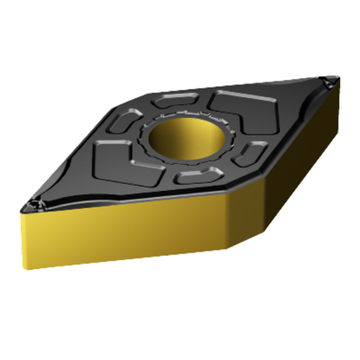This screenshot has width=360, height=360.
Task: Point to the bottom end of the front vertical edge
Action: point(228,249)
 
